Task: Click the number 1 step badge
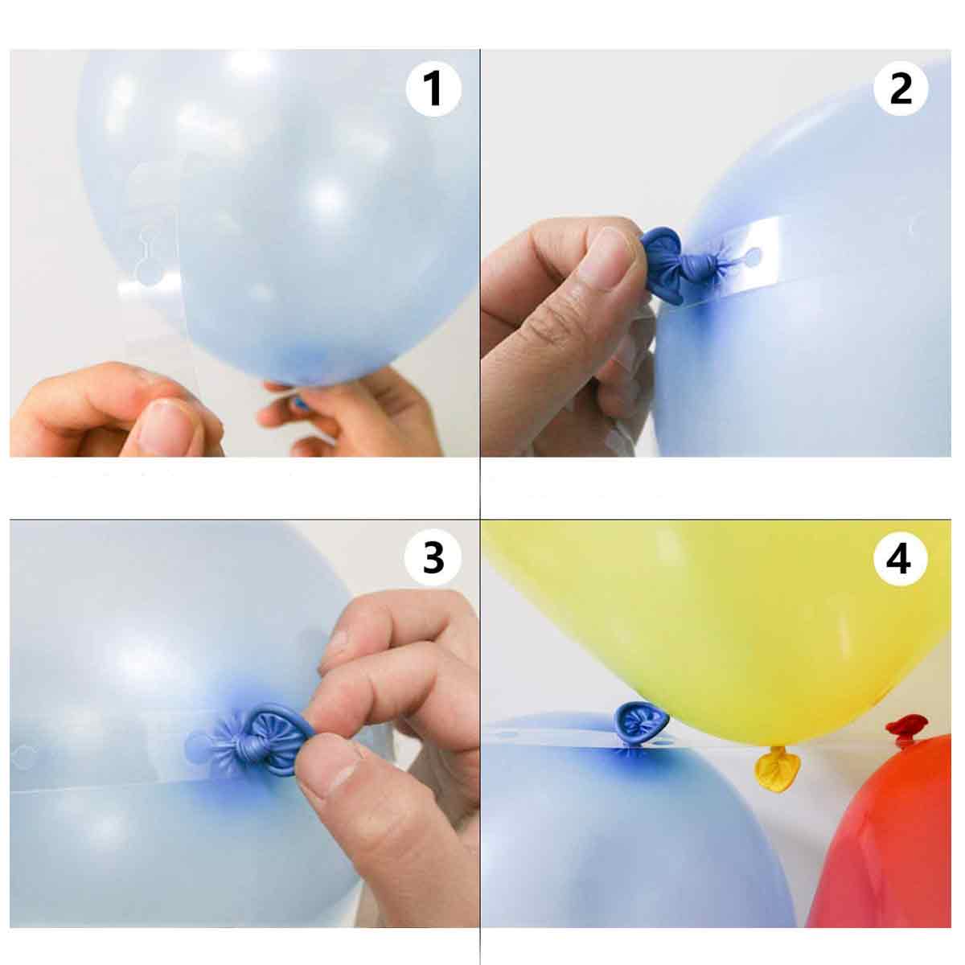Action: (433, 88)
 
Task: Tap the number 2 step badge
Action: (901, 88)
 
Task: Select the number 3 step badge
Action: (433, 558)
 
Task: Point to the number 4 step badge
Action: (901, 558)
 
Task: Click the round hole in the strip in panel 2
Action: (752, 257)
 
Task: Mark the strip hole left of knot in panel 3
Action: (199, 746)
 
